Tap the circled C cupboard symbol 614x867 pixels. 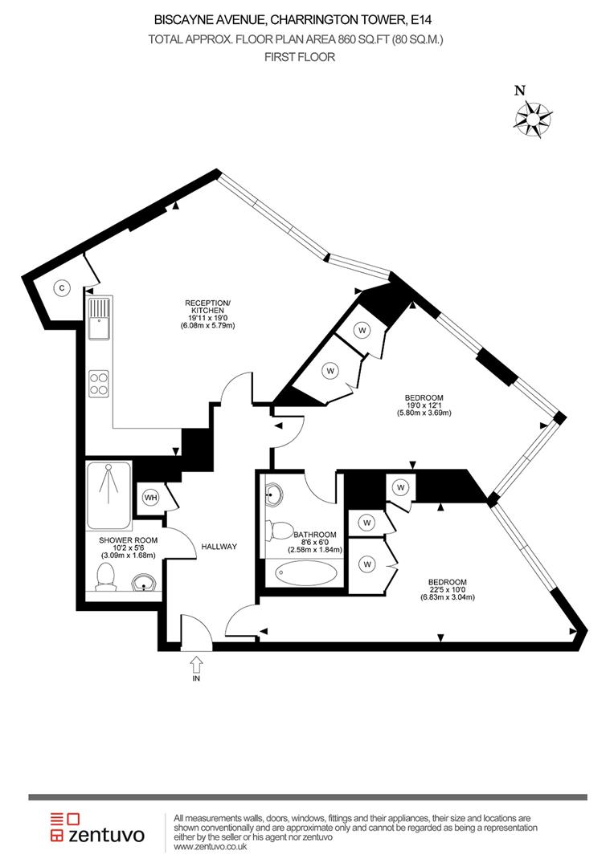60,287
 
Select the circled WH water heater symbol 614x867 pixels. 150,498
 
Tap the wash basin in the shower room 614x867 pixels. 142,581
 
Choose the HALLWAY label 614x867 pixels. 219,547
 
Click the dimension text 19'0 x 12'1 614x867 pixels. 424,405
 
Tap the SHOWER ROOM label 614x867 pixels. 128,540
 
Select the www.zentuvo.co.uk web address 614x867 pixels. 210,846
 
